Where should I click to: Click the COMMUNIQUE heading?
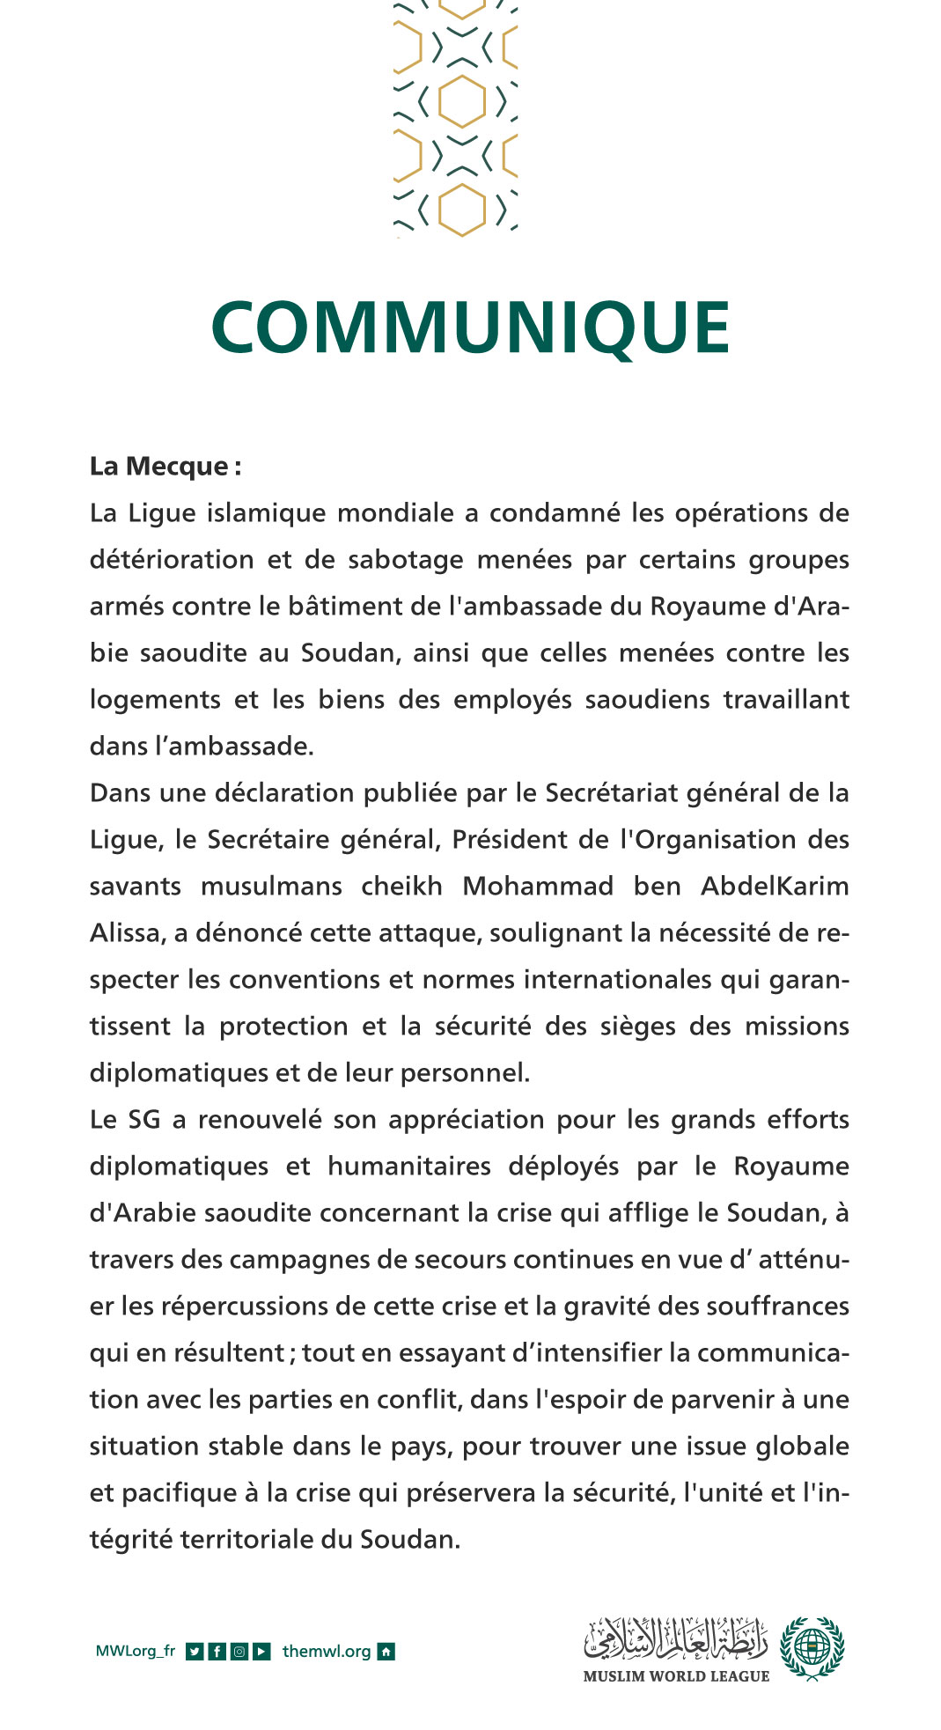470,328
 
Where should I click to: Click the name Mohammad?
537,886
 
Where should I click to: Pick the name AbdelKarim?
774,886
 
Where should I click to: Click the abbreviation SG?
144,1120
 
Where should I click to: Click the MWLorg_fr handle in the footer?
135,1651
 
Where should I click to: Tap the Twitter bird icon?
195,1652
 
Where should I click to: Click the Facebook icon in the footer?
217,1652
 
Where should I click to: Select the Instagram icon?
239,1652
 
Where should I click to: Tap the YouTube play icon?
261,1652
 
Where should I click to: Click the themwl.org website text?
326,1652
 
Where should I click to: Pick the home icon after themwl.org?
386,1652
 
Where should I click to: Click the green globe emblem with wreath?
812,1647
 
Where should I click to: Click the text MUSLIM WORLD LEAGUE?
675,1676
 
